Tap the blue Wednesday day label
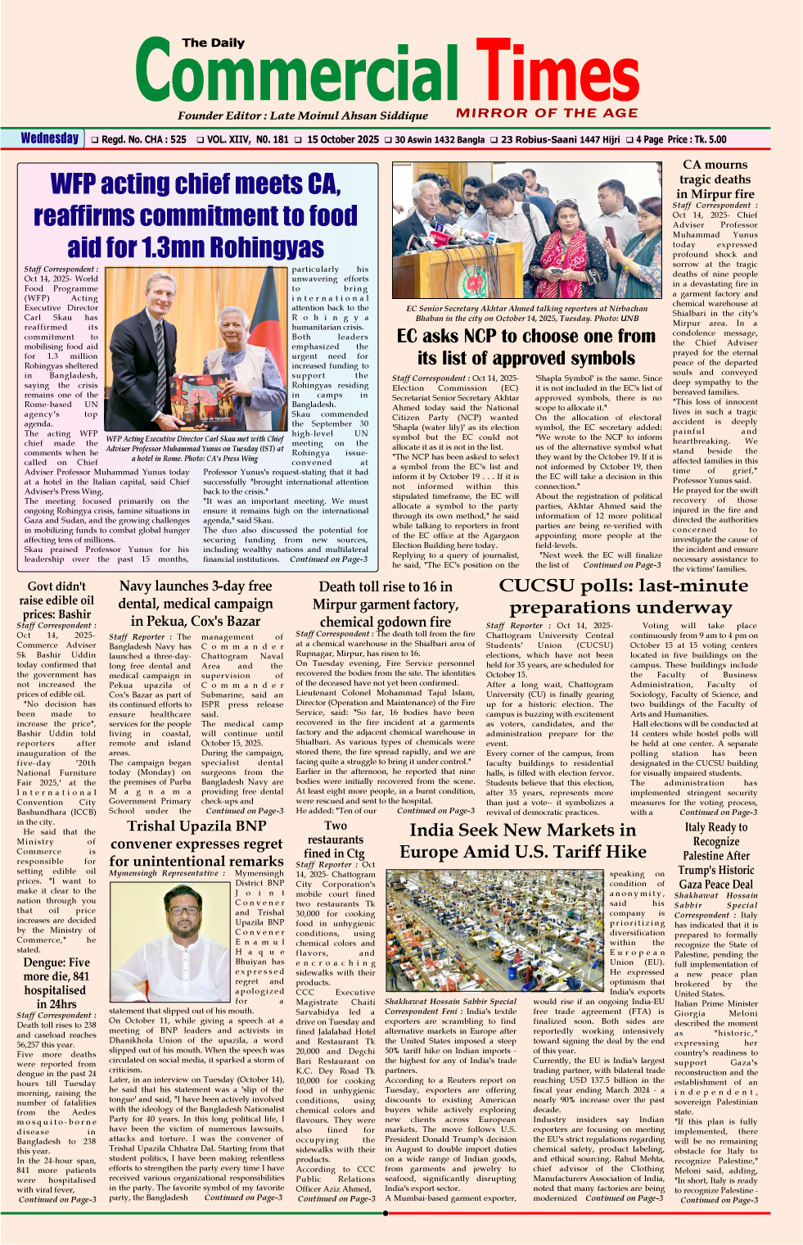point(50,138)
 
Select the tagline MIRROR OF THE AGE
point(547,113)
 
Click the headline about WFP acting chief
point(196,215)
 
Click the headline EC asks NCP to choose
point(526,347)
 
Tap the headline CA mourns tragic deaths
point(715,179)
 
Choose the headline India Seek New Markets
point(522,841)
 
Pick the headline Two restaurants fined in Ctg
point(336,840)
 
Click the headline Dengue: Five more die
point(56,983)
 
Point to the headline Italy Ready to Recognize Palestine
point(716,856)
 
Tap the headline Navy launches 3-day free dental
point(196,604)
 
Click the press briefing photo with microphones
point(526,233)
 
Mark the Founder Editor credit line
point(303,115)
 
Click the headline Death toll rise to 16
point(386,604)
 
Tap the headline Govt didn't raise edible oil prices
point(56,600)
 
